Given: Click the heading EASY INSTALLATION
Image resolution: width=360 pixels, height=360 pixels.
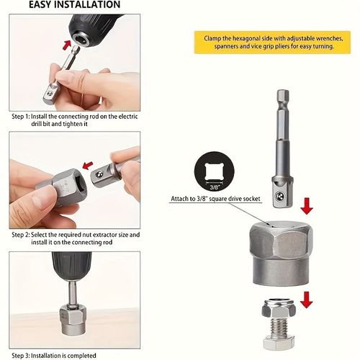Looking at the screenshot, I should [64, 4].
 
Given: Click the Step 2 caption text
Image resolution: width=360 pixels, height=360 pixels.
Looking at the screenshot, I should [76, 239].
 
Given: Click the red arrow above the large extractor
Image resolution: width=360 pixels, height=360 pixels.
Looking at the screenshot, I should [307, 207].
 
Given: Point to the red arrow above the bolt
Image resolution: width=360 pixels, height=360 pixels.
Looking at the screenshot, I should [307, 297].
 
